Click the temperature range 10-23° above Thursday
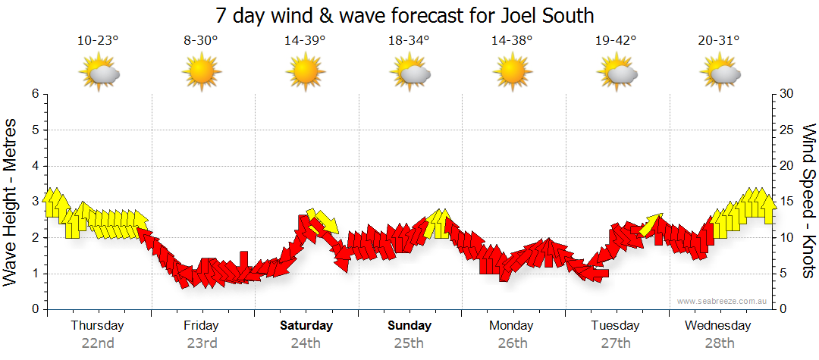click(98, 40)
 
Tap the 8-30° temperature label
click(201, 40)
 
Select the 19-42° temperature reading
click(616, 40)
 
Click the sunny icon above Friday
click(201, 74)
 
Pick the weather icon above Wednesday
click(719, 74)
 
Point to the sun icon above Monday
click(512, 74)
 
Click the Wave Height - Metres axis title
click(11, 202)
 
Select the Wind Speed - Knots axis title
click(808, 202)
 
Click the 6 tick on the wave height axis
click(35, 94)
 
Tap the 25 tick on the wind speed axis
click(786, 130)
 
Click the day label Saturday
click(306, 326)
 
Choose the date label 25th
click(409, 343)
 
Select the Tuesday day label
click(615, 326)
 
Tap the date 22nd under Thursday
click(98, 343)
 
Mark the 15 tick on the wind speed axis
click(786, 202)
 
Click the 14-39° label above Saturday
click(305, 40)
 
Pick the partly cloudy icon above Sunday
click(409, 74)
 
